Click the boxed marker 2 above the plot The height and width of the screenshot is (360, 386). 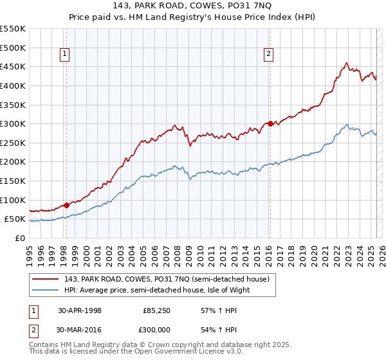pyautogui.click(x=268, y=55)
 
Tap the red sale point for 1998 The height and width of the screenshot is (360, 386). pyautogui.click(x=66, y=206)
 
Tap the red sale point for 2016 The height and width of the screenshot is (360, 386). pyautogui.click(x=270, y=123)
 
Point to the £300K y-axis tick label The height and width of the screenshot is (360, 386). pyautogui.click(x=13, y=123)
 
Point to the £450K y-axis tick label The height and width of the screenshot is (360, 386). pyautogui.click(x=13, y=66)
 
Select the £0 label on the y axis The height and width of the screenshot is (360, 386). pyautogui.click(x=21, y=238)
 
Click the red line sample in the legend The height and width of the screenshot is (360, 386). pyautogui.click(x=44, y=279)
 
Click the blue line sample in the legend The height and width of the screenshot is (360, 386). pyautogui.click(x=44, y=290)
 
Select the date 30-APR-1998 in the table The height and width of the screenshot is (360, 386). pyautogui.click(x=80, y=310)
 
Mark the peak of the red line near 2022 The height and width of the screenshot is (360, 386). pyautogui.click(x=346, y=63)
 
